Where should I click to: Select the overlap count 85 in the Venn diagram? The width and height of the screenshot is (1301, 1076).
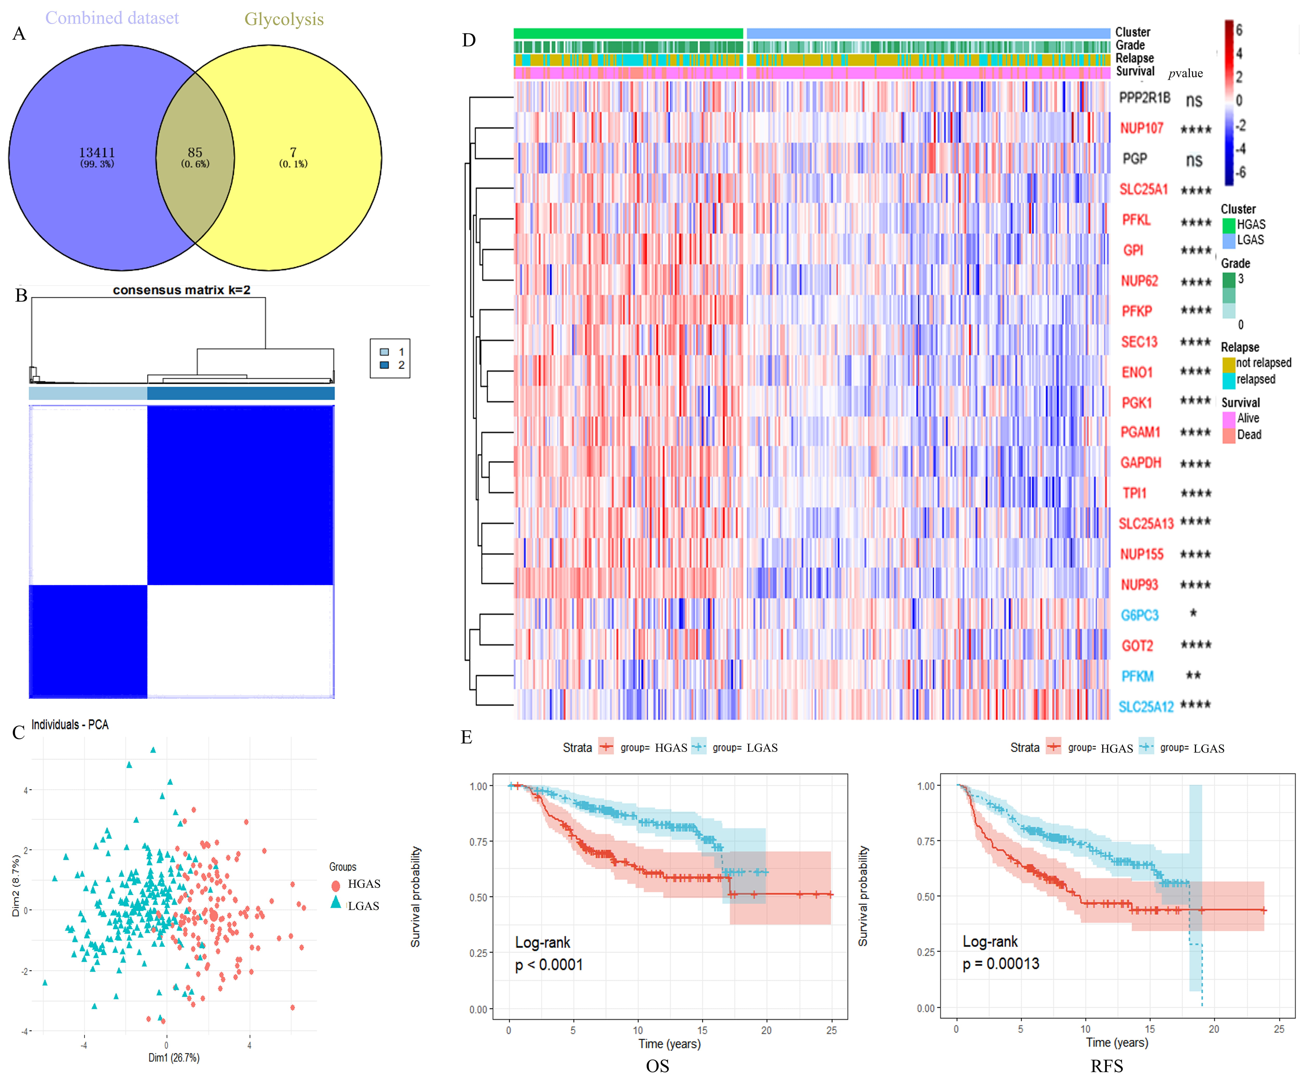(x=195, y=152)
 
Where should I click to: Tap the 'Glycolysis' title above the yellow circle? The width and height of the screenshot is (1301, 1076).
(x=284, y=19)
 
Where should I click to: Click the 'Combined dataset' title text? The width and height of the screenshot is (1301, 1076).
(x=112, y=18)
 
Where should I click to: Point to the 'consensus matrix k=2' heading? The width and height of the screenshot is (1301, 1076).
(x=182, y=290)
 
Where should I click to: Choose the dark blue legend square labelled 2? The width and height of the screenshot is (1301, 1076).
(x=384, y=365)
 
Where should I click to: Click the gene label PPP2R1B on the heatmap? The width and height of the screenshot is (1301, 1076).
(x=1144, y=98)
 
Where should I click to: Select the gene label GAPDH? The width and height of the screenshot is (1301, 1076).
(x=1140, y=463)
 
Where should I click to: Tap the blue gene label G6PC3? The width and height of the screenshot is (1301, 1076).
(x=1139, y=615)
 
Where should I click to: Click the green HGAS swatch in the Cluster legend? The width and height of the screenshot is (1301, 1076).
(x=1228, y=225)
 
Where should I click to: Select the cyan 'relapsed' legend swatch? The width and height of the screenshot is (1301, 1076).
(x=1228, y=380)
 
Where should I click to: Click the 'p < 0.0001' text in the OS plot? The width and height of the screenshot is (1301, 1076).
(x=549, y=964)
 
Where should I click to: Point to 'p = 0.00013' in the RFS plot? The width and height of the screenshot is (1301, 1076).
(x=1000, y=963)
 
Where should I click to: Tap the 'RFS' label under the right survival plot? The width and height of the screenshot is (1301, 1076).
(x=1106, y=1066)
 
